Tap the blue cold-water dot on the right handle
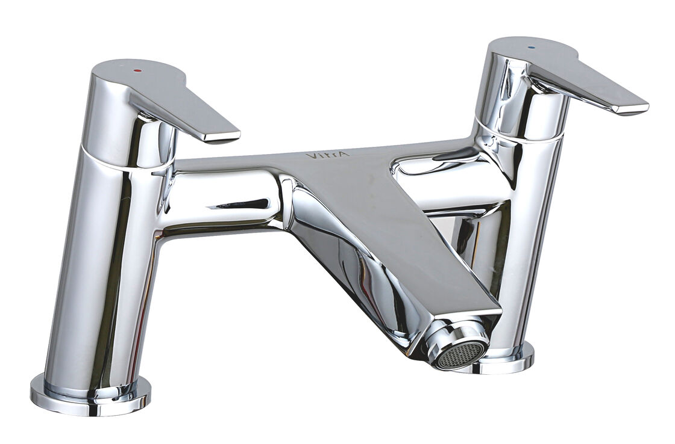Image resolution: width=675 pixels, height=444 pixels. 530,47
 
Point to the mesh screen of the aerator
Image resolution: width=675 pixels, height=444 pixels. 460,354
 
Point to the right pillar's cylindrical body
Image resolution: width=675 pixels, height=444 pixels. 530,241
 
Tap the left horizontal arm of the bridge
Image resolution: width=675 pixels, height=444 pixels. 223,199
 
